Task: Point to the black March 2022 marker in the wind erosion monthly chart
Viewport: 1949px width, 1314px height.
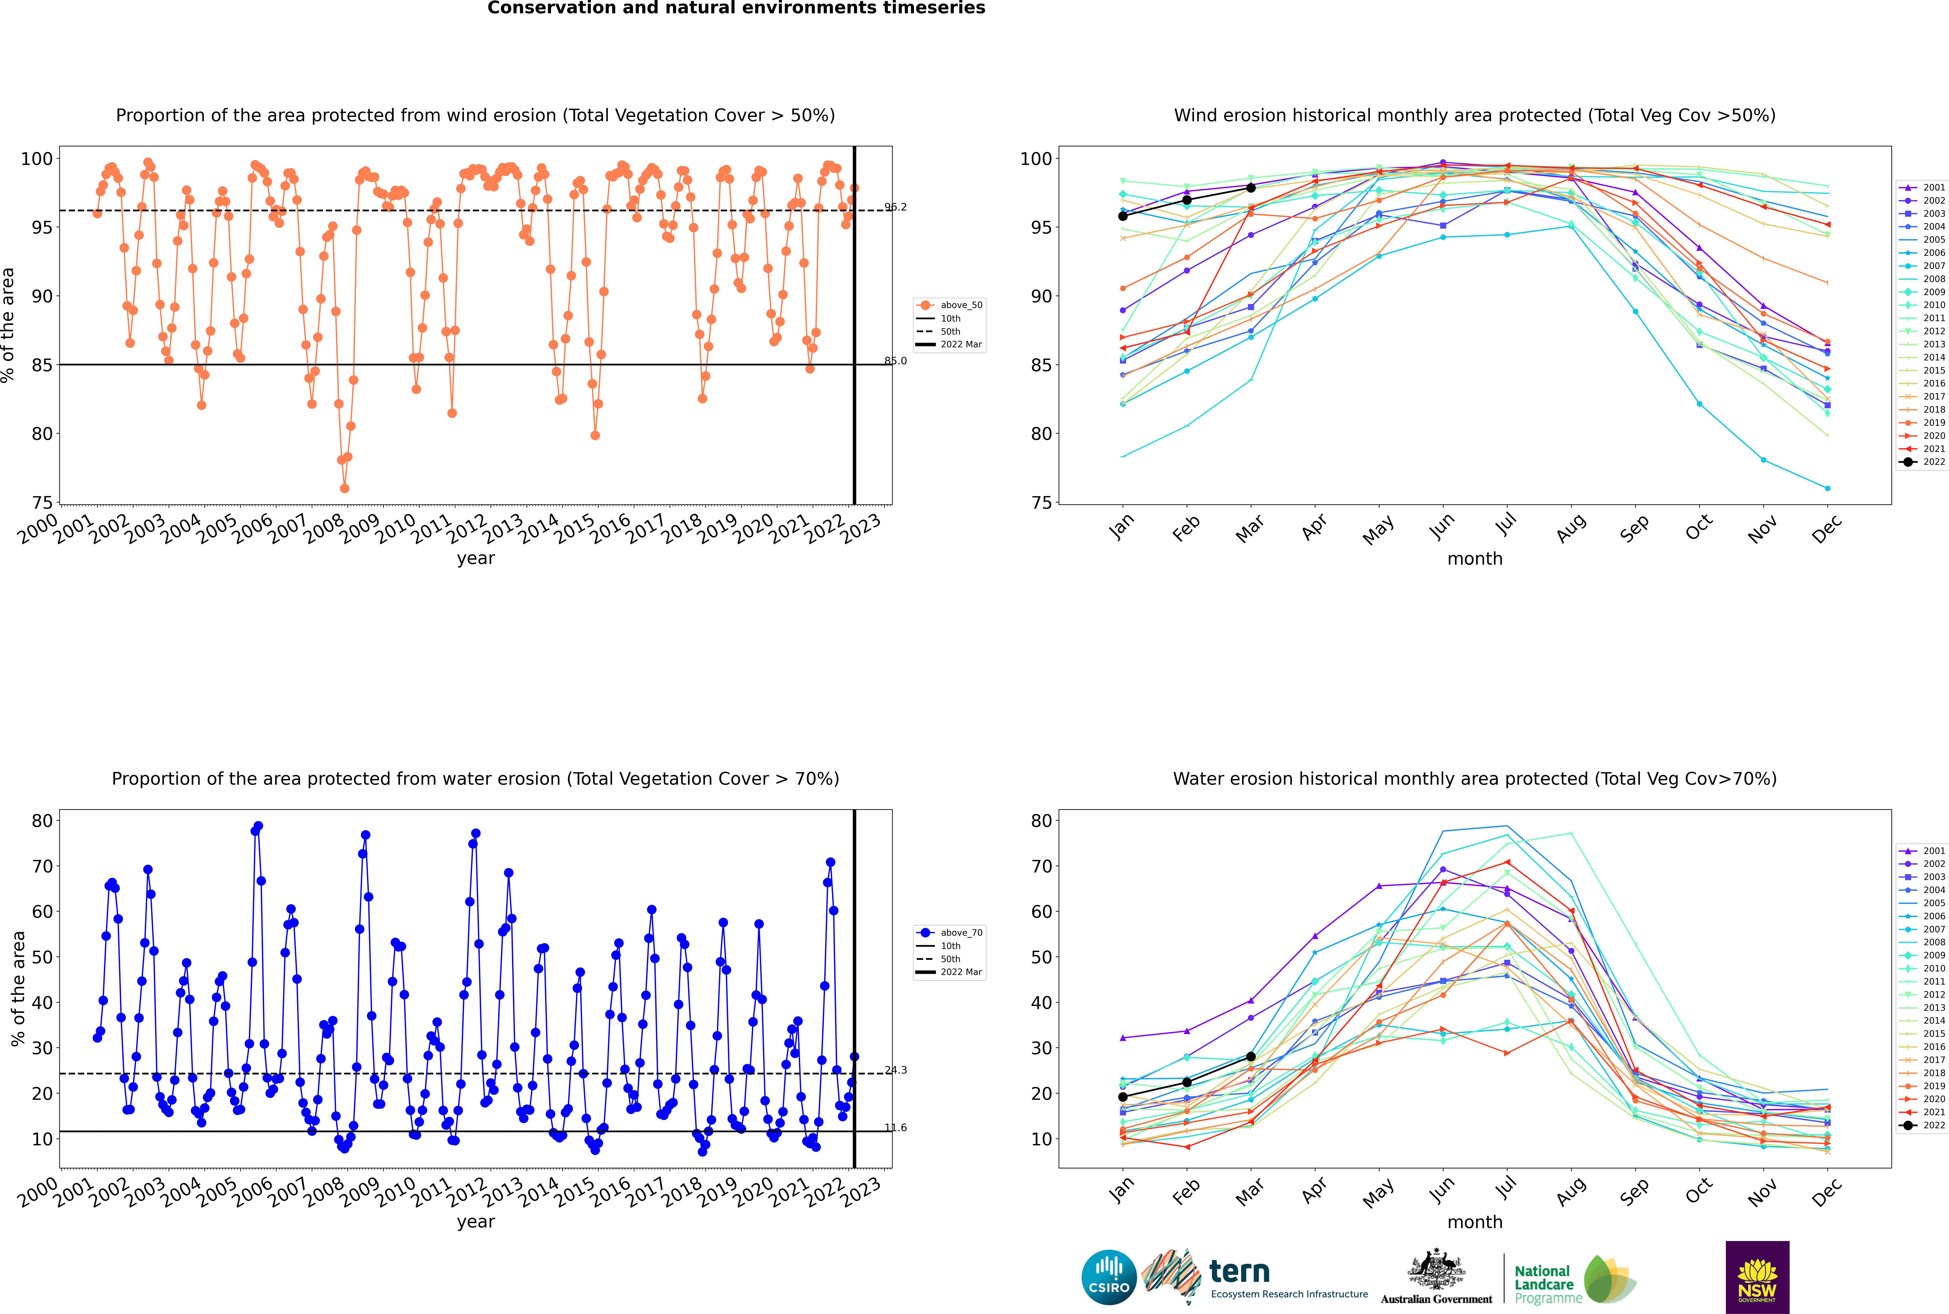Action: click(1251, 188)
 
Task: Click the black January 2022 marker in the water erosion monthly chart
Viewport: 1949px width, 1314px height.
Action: click(1123, 1097)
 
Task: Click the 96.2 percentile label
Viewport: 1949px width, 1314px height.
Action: click(896, 207)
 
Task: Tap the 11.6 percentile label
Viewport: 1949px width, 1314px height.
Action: click(896, 1127)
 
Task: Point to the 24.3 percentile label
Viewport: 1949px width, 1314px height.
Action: click(896, 1070)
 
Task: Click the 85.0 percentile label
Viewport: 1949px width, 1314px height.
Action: click(896, 361)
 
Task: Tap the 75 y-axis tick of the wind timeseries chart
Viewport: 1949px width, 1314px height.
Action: click(42, 503)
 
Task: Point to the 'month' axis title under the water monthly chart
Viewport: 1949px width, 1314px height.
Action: click(1475, 1222)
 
